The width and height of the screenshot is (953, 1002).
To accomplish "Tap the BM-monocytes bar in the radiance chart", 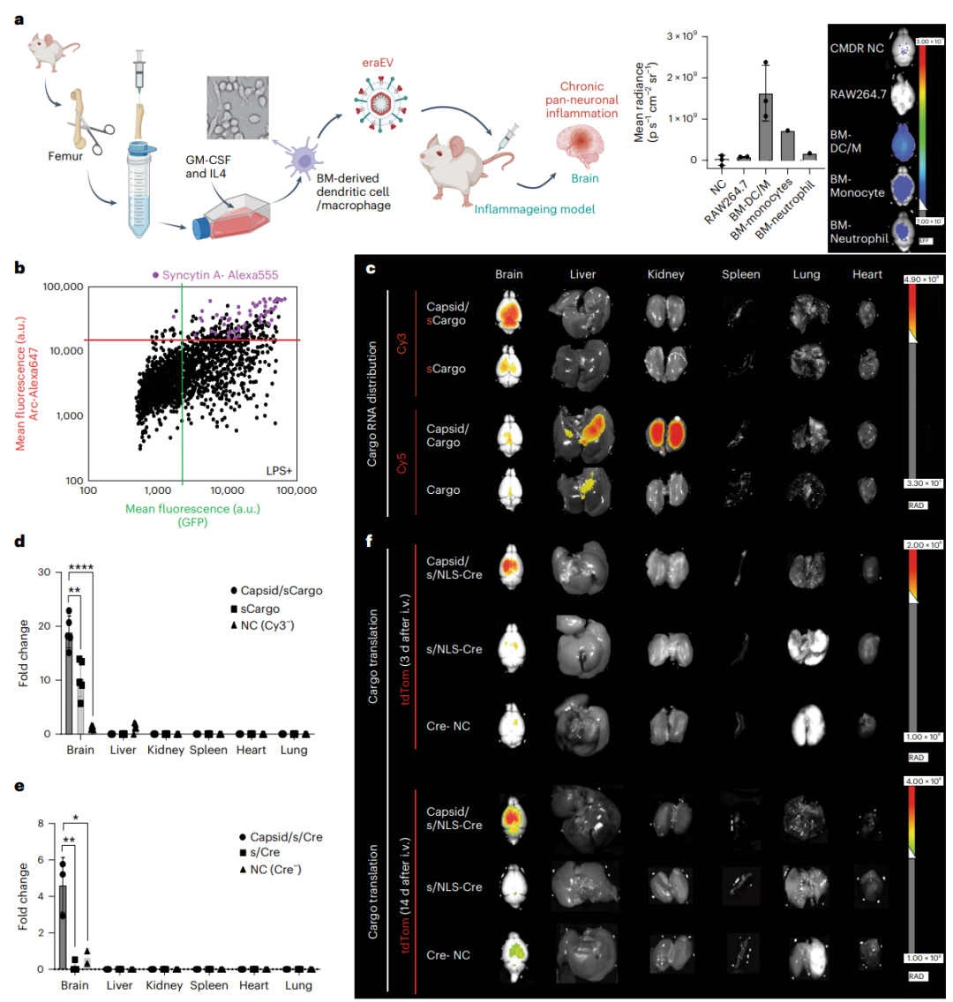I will [x=787, y=146].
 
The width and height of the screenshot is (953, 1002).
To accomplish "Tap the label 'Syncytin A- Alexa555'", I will [x=214, y=275].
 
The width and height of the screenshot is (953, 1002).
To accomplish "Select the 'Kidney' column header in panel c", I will [x=665, y=274].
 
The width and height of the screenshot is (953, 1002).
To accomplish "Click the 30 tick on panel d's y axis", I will [x=43, y=572].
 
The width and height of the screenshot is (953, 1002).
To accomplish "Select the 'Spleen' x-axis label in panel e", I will [x=208, y=985].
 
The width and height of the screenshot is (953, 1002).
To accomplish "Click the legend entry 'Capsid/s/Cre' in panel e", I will [x=280, y=836].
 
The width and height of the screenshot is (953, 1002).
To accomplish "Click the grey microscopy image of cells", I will [x=237, y=108].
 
